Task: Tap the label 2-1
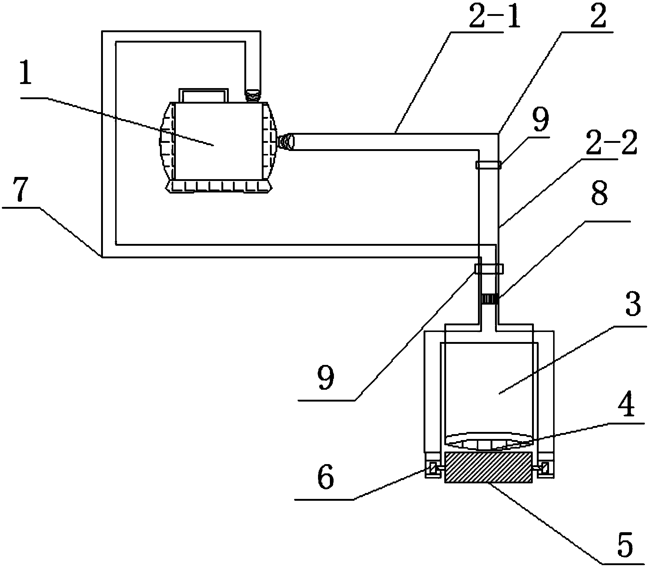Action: point(494,17)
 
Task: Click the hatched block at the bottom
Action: point(488,467)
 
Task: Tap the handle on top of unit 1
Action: point(203,95)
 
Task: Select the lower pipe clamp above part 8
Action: point(489,268)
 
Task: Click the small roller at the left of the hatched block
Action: point(433,469)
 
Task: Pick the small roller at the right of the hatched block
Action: point(543,469)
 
